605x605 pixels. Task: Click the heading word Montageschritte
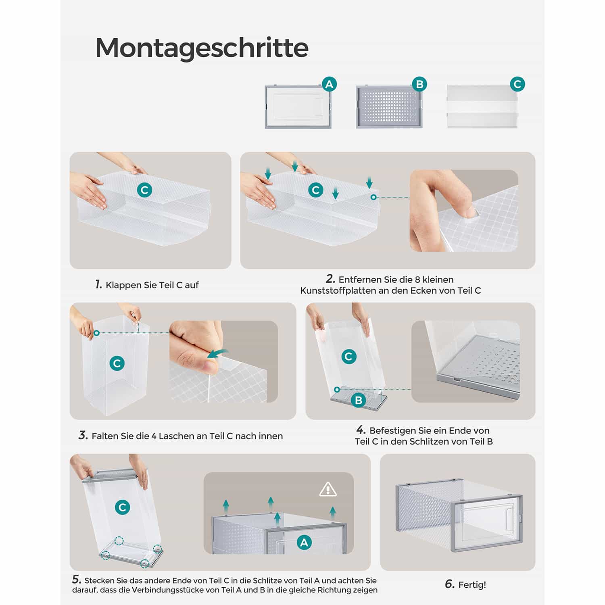[x=202, y=48]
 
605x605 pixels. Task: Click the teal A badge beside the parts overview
[x=329, y=84]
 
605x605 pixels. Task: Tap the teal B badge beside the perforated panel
[x=419, y=84]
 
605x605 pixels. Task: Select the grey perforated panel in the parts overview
[x=390, y=107]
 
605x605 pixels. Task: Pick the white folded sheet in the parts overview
[x=482, y=107]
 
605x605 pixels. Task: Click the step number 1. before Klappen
[x=99, y=284]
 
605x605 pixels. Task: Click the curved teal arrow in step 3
[x=218, y=353]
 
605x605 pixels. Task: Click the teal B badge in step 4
[x=358, y=401]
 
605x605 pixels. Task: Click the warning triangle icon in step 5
[x=328, y=489]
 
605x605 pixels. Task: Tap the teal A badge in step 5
[x=304, y=542]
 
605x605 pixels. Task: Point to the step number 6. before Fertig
[x=450, y=584]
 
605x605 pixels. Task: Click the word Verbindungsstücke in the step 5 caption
[x=179, y=590]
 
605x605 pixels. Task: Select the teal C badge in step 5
[x=123, y=507]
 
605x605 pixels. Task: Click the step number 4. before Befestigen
[x=361, y=430]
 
